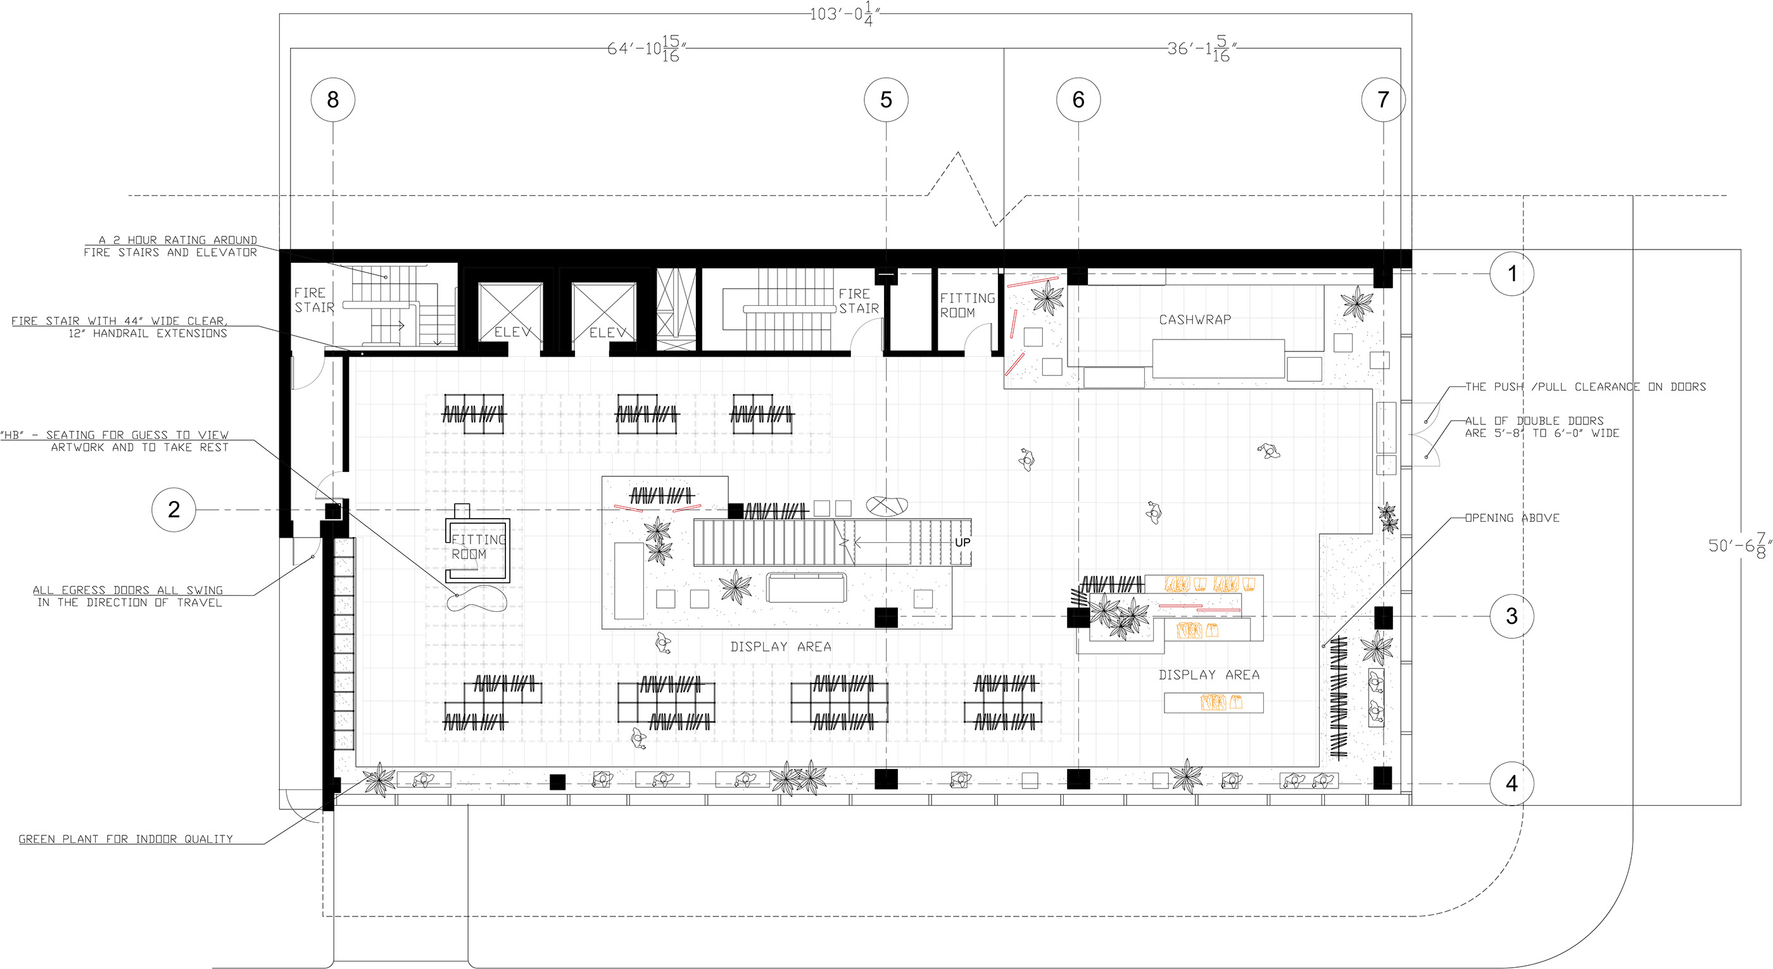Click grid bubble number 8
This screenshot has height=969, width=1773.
point(333,100)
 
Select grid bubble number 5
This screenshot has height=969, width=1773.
point(886,100)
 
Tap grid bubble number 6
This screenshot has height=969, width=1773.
point(1078,100)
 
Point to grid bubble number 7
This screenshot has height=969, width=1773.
point(1384,100)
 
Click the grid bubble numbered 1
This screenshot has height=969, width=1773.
point(1511,274)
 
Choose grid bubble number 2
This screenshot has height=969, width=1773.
point(174,509)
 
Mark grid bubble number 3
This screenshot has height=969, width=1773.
point(1511,616)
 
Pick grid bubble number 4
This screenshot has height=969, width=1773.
point(1511,783)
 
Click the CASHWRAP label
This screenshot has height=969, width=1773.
point(1195,319)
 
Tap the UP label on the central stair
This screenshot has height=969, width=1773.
point(962,542)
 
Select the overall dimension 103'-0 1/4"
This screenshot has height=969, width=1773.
point(845,14)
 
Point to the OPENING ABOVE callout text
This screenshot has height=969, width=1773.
point(1511,518)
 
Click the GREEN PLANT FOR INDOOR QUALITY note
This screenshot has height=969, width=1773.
point(126,839)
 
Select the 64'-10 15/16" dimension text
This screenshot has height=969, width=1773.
point(646,49)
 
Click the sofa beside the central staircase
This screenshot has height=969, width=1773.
point(806,588)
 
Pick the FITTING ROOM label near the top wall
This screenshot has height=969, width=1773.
point(967,305)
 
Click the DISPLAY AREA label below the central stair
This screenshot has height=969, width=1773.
point(781,647)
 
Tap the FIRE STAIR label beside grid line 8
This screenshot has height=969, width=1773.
point(314,300)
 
